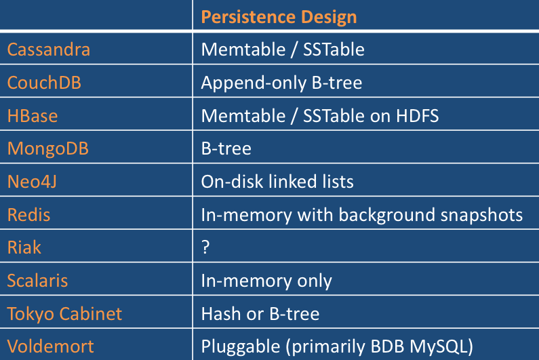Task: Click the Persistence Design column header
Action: click(279, 17)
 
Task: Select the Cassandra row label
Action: click(48, 49)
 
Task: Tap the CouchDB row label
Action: click(44, 83)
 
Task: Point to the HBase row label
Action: click(33, 115)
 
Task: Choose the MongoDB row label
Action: click(47, 148)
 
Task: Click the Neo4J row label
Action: click(32, 181)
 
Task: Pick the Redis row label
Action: click(28, 214)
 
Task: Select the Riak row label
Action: click(24, 247)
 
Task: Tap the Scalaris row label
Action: click(37, 280)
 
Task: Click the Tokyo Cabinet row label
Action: click(64, 314)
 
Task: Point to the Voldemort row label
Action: click(50, 346)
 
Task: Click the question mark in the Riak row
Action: click(205, 247)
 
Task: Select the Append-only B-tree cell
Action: click(281, 83)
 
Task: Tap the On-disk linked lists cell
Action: click(277, 182)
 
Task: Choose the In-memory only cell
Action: click(266, 281)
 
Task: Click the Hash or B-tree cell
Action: click(260, 314)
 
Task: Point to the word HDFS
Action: click(418, 115)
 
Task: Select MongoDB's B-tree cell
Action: click(226, 148)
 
